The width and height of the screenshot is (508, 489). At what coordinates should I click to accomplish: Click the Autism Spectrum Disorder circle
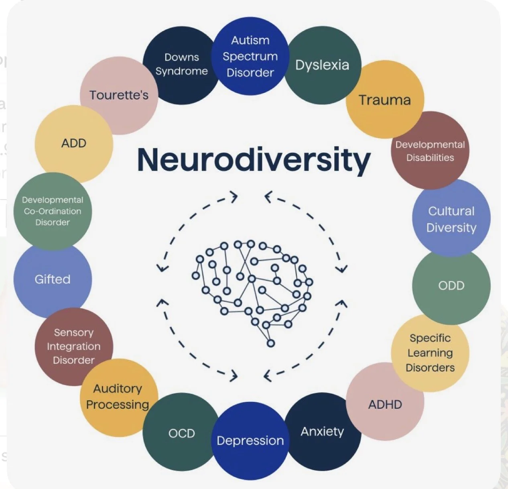(x=250, y=56)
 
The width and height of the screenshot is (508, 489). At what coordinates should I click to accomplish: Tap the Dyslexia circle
(x=323, y=65)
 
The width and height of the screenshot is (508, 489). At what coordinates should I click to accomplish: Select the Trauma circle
(x=385, y=100)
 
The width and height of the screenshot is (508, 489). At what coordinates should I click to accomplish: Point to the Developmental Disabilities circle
(x=430, y=151)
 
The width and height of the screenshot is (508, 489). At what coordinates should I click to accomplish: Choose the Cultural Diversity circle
(x=451, y=219)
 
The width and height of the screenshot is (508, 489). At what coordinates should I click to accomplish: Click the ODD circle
(x=451, y=285)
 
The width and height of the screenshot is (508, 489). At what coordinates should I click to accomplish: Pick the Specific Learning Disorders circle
(x=430, y=353)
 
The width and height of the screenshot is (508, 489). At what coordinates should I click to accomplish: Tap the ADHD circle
(x=385, y=404)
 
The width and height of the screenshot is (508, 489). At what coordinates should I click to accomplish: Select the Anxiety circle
(x=323, y=432)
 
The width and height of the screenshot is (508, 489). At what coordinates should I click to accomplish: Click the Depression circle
(x=250, y=440)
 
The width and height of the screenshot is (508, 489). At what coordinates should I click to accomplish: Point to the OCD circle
(x=181, y=433)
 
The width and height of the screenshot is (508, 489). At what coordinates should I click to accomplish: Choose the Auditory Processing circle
(x=118, y=397)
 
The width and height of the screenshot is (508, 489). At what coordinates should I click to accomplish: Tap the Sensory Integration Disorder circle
(x=73, y=346)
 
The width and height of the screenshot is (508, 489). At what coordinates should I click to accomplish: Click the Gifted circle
(x=53, y=279)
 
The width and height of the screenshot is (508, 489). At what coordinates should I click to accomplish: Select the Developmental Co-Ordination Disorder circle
(x=53, y=211)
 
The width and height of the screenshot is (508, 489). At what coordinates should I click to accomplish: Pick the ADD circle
(x=74, y=143)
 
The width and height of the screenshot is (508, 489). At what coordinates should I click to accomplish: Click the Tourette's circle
(x=119, y=95)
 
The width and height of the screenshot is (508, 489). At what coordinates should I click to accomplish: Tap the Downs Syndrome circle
(x=181, y=64)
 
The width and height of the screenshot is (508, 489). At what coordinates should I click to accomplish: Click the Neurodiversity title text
(x=254, y=160)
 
